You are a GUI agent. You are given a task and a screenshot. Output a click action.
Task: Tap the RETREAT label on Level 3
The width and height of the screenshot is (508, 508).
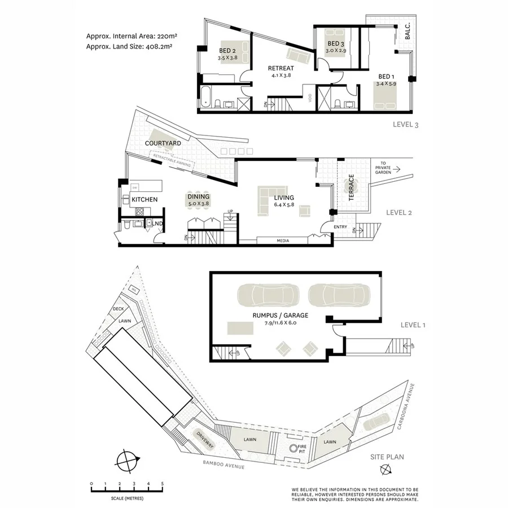point(281,68)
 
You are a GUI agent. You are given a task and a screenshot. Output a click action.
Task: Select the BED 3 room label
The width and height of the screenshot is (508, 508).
point(335,44)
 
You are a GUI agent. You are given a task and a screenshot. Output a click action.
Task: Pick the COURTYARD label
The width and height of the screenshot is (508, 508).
point(163,143)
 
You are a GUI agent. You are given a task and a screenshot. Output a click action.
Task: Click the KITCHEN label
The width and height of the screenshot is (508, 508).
point(144,199)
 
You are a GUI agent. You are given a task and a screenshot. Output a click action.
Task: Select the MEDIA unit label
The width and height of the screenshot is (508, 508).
point(283,241)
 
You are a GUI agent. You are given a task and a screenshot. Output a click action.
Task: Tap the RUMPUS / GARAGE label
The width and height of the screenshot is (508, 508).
point(281,316)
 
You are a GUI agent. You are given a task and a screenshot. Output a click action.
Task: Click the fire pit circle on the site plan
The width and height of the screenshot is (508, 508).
point(294,449)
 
